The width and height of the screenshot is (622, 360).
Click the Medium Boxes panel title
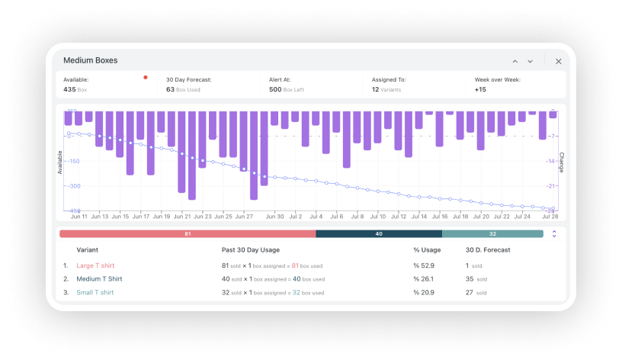[x=90, y=60]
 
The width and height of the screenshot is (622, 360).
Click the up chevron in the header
[x=515, y=61]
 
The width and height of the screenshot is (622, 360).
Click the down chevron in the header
[x=531, y=61]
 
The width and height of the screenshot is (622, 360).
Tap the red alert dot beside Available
[x=146, y=77]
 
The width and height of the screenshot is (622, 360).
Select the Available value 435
[x=69, y=89]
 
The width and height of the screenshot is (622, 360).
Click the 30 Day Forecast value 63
[x=170, y=89]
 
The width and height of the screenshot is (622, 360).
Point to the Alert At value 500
[x=275, y=89]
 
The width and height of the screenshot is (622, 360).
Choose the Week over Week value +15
[x=480, y=89]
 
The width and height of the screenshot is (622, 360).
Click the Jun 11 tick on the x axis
[x=79, y=217]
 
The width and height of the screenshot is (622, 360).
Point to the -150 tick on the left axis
[x=73, y=161]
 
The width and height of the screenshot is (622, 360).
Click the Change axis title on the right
[x=562, y=161]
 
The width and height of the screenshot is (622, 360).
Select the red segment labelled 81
[x=188, y=233]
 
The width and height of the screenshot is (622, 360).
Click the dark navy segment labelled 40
[x=379, y=233]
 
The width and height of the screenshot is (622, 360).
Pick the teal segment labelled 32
[x=492, y=233]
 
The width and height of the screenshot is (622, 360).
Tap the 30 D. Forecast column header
[x=489, y=249]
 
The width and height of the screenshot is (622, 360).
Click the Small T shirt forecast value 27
[x=470, y=293]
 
